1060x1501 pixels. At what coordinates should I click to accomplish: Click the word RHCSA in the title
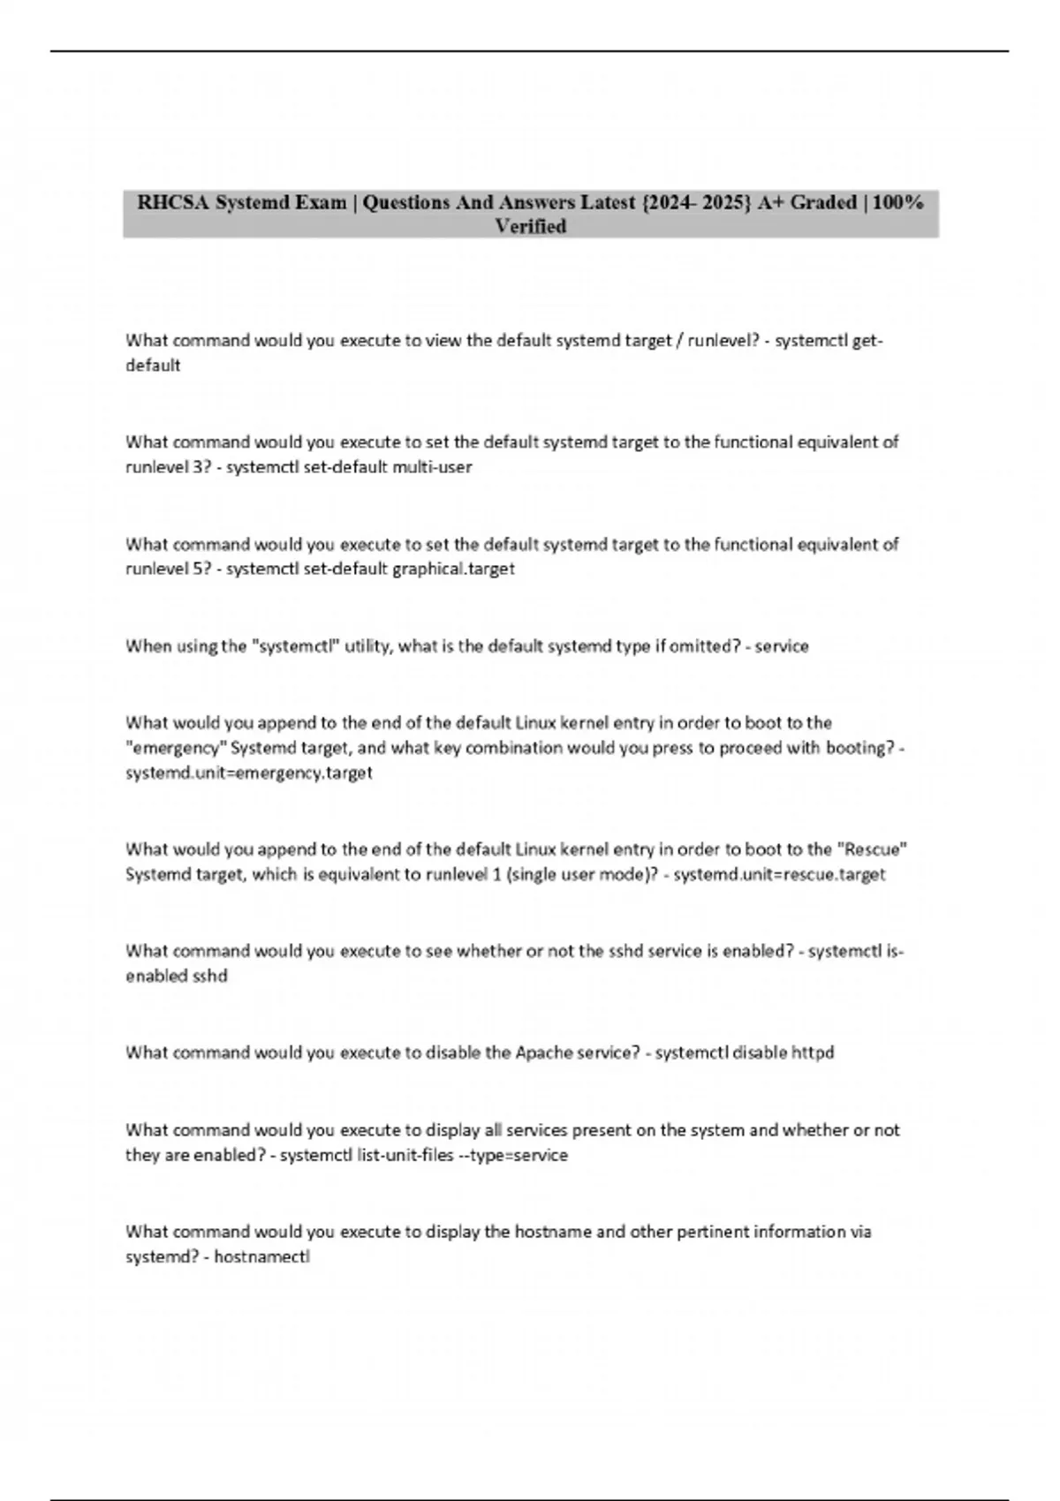point(173,202)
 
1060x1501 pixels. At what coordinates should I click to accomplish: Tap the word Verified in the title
point(530,227)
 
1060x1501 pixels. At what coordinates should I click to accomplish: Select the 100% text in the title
point(900,202)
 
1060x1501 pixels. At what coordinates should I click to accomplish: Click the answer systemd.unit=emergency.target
point(249,773)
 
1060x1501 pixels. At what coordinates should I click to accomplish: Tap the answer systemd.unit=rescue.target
point(779,874)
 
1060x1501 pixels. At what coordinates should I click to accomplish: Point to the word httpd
point(813,1052)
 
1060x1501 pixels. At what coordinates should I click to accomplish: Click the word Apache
point(545,1052)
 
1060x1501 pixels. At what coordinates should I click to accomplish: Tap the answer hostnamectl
point(262,1256)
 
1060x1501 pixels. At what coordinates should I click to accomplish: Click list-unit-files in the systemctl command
point(405,1155)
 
